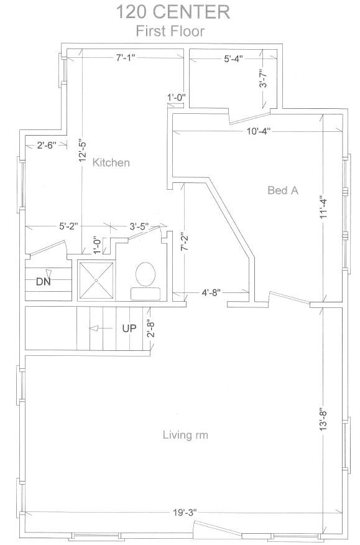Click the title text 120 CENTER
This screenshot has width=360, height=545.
(x=173, y=12)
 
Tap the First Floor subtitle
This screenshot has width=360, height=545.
(x=170, y=31)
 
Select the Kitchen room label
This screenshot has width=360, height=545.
(x=111, y=162)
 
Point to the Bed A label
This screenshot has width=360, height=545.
(x=283, y=190)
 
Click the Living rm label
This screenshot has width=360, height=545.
(x=185, y=435)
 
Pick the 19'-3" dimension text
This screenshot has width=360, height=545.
(x=185, y=512)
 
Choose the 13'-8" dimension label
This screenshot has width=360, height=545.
(x=323, y=419)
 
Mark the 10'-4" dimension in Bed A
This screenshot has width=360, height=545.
(x=259, y=131)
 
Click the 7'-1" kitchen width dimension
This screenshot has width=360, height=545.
(x=126, y=58)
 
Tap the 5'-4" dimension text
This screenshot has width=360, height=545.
(x=233, y=58)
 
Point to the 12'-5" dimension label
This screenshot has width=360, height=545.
(x=82, y=150)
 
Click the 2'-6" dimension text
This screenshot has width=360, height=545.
(x=47, y=146)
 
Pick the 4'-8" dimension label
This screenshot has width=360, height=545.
(x=211, y=292)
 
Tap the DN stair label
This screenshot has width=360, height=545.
(x=44, y=281)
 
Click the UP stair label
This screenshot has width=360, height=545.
(x=129, y=328)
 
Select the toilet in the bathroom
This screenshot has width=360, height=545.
(x=145, y=281)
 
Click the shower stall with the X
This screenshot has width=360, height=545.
(x=96, y=280)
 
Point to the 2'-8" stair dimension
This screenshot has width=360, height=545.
(x=150, y=328)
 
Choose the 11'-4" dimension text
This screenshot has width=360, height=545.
(x=323, y=207)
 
